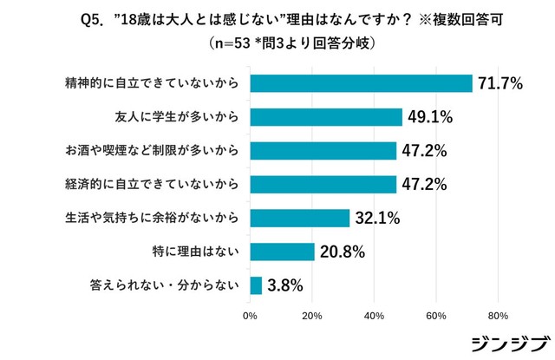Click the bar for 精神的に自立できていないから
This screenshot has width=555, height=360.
(361, 83)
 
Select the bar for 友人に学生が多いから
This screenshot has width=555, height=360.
(326, 117)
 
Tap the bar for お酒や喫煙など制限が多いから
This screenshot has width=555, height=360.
(323, 150)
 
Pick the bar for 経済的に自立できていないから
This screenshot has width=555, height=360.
(323, 184)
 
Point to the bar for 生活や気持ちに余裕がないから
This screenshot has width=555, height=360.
(299, 218)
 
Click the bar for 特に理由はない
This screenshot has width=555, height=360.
(282, 252)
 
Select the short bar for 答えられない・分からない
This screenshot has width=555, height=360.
(256, 285)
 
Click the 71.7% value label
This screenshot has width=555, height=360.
(500, 84)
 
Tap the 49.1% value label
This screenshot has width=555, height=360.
(431, 117)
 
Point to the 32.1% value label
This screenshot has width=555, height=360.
(377, 218)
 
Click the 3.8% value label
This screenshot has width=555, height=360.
(287, 285)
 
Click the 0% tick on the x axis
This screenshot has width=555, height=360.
(250, 316)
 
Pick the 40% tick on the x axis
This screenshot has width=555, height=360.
(374, 316)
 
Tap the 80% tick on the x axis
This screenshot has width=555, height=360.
(498, 316)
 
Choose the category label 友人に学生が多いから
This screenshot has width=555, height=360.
(178, 117)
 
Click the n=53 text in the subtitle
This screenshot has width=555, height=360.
(234, 41)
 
